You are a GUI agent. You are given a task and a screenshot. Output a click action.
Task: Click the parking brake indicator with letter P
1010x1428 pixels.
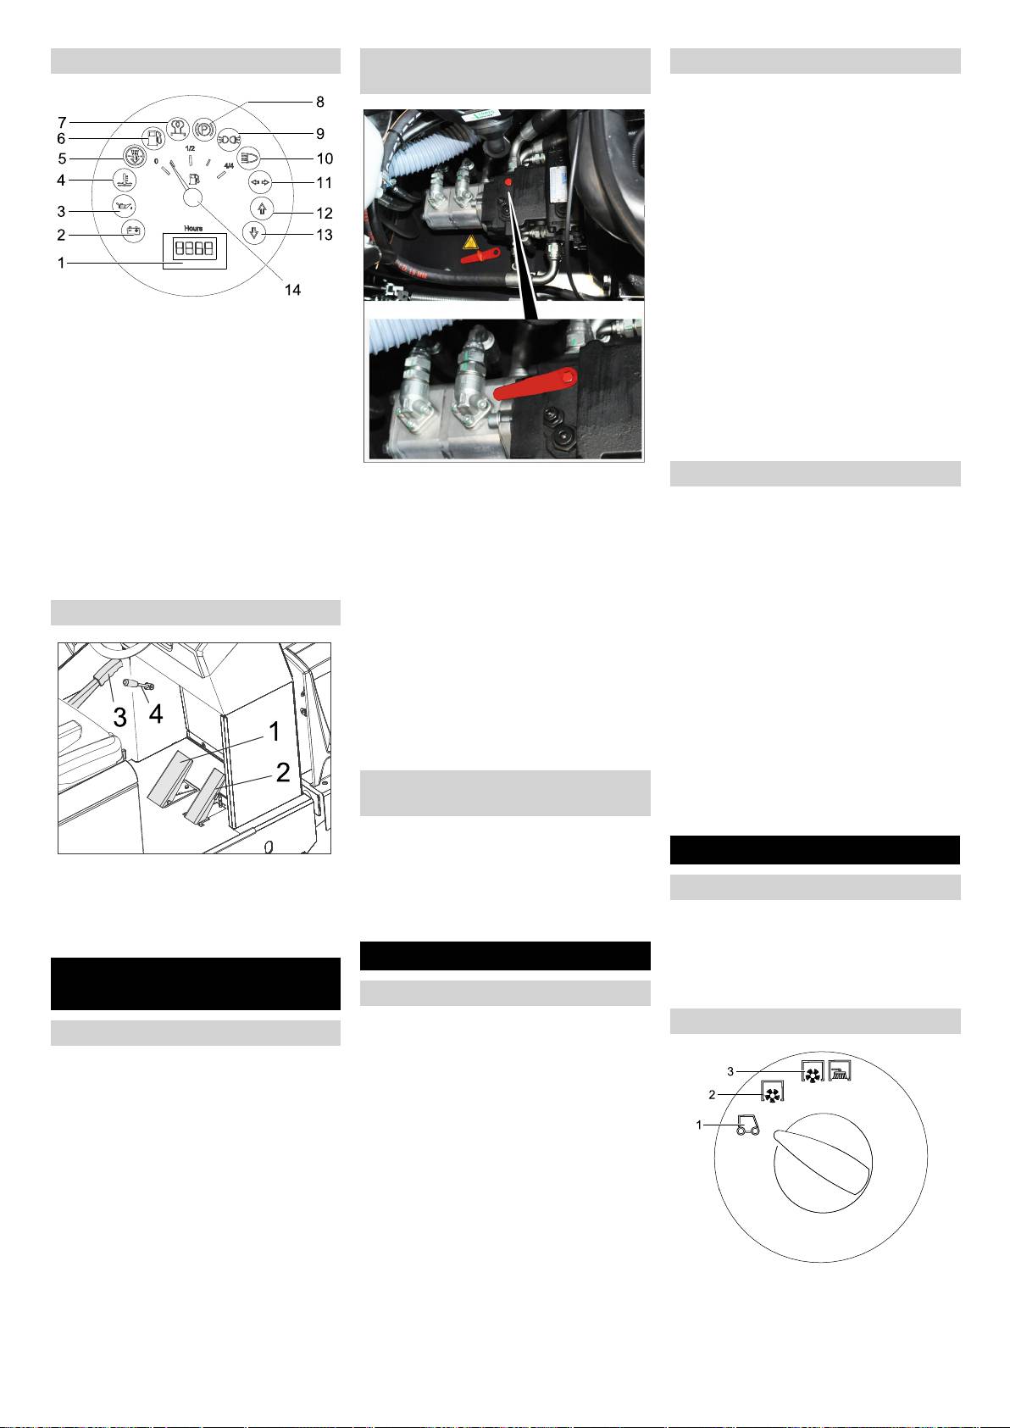(x=204, y=128)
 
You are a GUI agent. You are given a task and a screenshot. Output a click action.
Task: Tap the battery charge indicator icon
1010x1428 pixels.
(x=133, y=231)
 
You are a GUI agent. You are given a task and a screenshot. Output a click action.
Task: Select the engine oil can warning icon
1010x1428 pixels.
(x=125, y=206)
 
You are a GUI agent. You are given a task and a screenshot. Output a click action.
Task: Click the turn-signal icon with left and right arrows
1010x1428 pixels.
(x=260, y=182)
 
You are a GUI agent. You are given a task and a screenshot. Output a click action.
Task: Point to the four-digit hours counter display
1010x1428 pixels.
(x=194, y=248)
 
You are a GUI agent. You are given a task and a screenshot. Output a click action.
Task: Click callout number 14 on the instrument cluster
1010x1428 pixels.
(x=292, y=290)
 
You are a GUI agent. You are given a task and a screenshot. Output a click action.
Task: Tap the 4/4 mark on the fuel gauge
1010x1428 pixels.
(x=229, y=166)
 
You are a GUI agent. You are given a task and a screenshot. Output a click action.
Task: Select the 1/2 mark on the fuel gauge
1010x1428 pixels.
(x=190, y=148)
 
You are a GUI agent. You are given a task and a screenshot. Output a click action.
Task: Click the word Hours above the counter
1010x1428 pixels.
(x=193, y=228)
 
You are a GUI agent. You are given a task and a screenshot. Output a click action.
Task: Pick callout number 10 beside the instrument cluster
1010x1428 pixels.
(x=325, y=158)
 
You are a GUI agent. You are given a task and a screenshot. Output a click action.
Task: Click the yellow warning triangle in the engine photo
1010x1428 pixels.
(x=470, y=242)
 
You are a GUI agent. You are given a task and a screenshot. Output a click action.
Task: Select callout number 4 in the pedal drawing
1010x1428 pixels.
(x=156, y=714)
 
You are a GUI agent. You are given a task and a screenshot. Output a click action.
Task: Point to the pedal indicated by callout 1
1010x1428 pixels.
(x=175, y=778)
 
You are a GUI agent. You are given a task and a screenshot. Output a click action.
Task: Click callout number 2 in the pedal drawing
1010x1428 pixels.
(x=283, y=772)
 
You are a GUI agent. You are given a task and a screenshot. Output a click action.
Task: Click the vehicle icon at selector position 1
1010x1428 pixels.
(x=747, y=1125)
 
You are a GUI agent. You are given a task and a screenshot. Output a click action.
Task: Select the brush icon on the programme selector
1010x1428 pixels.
(x=840, y=1070)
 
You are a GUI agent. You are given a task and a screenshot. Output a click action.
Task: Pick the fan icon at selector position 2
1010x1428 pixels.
(x=772, y=1092)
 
